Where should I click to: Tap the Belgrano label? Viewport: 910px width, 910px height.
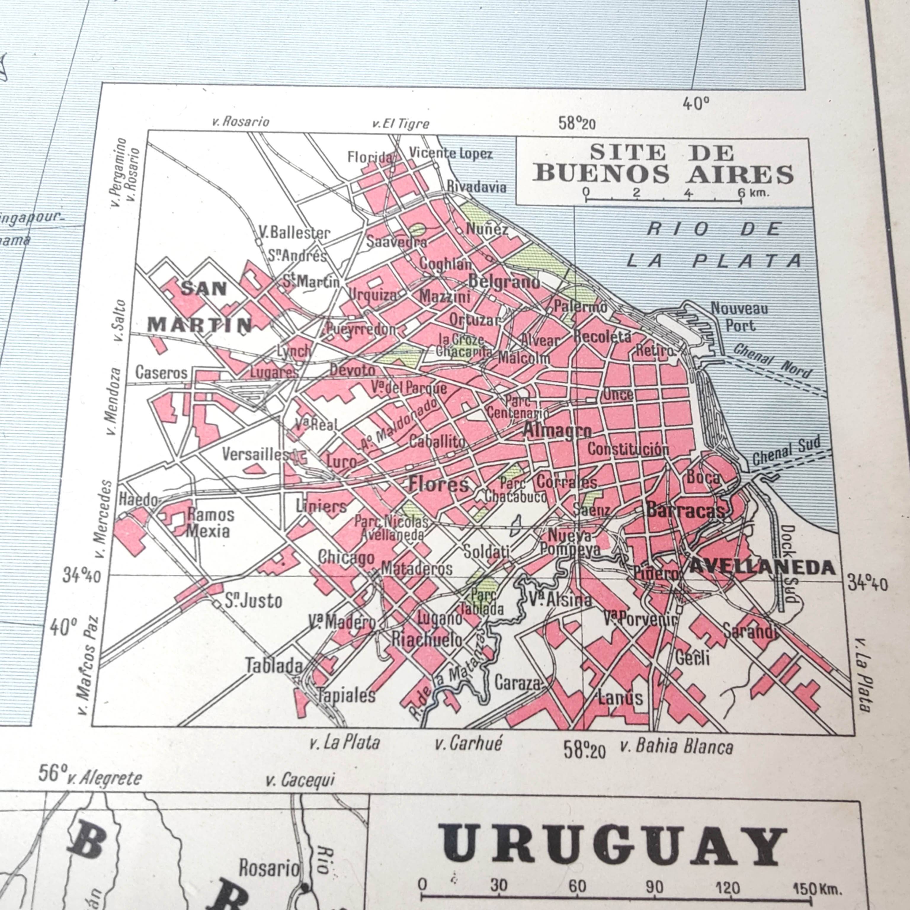pyautogui.click(x=504, y=282)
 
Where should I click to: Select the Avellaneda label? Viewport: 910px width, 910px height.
pyautogui.click(x=762, y=568)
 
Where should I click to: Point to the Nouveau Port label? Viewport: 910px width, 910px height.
pyautogui.click(x=739, y=317)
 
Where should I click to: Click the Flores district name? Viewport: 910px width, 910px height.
pyautogui.click(x=438, y=484)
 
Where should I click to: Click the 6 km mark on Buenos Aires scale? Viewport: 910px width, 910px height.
pyautogui.click(x=741, y=192)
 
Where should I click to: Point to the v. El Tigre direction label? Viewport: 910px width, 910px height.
pyautogui.click(x=401, y=124)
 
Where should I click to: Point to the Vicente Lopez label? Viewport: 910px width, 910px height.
pyautogui.click(x=450, y=153)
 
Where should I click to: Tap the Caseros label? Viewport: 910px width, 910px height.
pyautogui.click(x=161, y=373)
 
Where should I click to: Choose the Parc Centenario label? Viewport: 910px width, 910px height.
pyautogui.click(x=517, y=407)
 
